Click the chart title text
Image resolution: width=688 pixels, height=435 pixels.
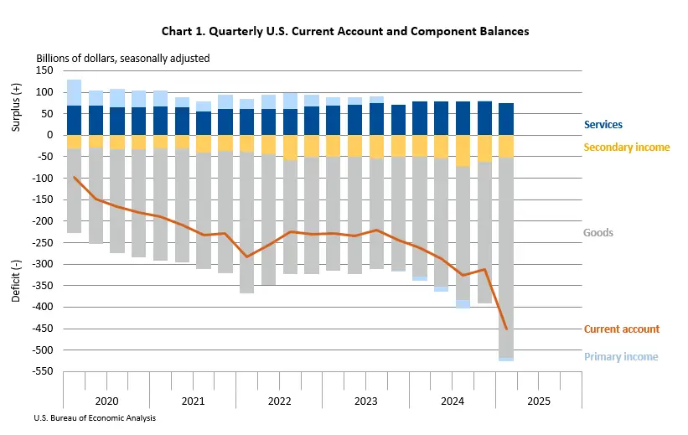click(344, 31)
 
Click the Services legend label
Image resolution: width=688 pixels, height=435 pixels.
click(603, 125)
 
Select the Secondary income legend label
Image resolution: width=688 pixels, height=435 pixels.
click(627, 148)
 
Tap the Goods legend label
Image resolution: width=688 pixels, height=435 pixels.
click(597, 233)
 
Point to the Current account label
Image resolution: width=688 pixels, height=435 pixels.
click(621, 329)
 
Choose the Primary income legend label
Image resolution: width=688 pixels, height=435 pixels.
click(620, 357)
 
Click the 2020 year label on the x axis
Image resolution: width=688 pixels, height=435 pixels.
click(106, 401)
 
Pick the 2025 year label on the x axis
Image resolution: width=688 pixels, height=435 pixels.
click(538, 401)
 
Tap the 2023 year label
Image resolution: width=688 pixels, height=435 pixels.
click(365, 401)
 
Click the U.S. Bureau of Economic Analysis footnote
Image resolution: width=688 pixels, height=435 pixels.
click(95, 417)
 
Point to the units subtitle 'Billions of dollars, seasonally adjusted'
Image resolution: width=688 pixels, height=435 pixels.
click(122, 59)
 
